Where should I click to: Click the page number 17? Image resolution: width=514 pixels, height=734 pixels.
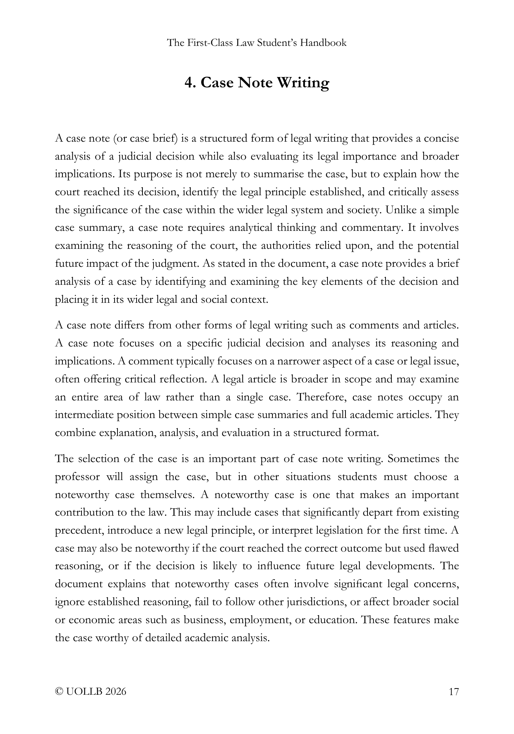454,692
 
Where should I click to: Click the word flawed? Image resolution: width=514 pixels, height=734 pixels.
444,548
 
